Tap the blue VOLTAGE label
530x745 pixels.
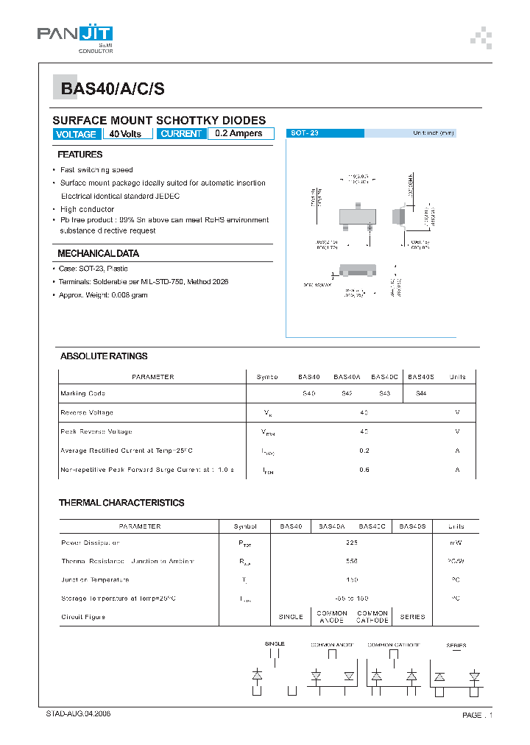click(76, 134)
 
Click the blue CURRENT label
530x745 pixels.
click(180, 134)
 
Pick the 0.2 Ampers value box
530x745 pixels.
click(240, 134)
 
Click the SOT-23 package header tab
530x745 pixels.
click(325, 133)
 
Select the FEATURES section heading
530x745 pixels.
click(80, 155)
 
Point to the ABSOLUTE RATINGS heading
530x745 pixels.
click(104, 356)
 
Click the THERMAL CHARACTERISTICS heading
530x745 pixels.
click(121, 503)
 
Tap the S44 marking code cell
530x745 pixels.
click(421, 394)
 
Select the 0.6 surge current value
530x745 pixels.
click(364, 470)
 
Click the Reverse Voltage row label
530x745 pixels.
click(87, 413)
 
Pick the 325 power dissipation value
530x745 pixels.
click(352, 543)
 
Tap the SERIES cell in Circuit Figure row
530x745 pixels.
click(412, 617)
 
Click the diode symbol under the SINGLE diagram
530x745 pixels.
click(257, 674)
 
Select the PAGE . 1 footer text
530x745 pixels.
click(477, 716)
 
